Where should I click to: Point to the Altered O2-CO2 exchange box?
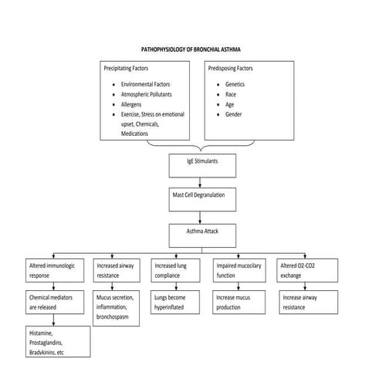pos(305,270)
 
